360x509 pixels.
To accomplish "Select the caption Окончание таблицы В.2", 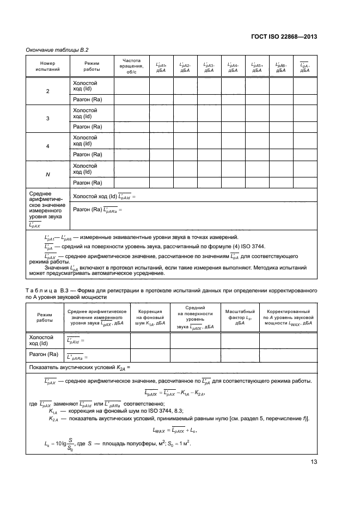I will click(x=53, y=50).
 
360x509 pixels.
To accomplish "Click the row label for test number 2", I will click(x=47, y=90).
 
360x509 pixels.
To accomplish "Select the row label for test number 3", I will click(x=47, y=118).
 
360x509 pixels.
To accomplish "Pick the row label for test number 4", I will click(x=47, y=146).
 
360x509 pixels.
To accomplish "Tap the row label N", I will click(x=47, y=174).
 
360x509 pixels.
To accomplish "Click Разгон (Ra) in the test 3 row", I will click(x=88, y=127).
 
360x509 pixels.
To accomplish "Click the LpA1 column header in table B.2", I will click(x=161, y=66).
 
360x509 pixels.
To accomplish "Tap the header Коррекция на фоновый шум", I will click(x=150, y=320).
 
